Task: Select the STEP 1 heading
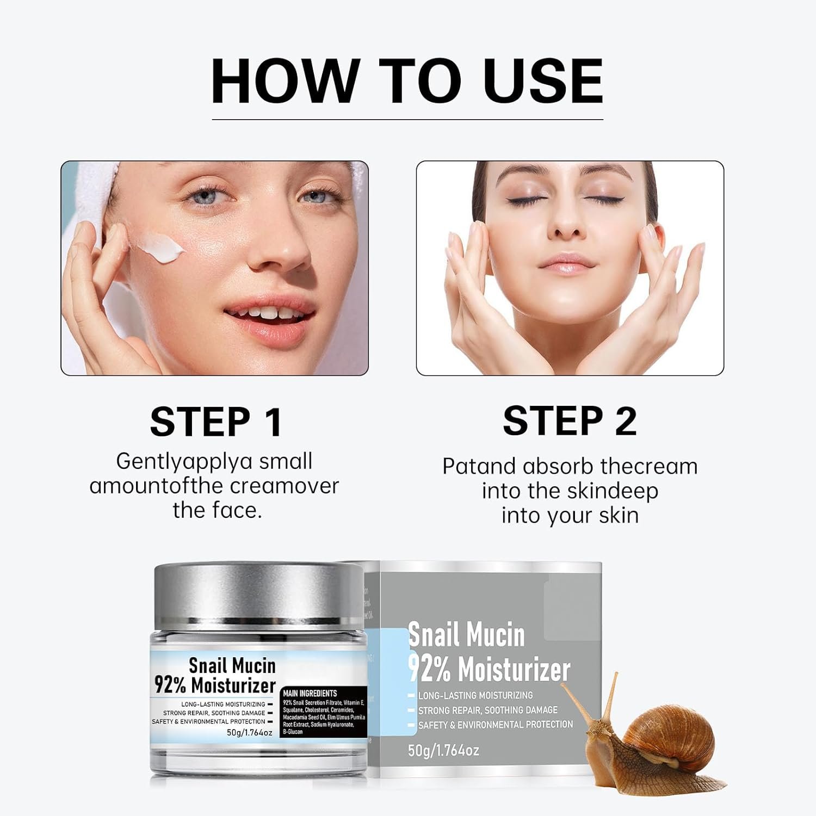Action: [x=216, y=422]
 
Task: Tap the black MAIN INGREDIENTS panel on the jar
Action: [x=324, y=712]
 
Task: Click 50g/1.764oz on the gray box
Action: [x=443, y=751]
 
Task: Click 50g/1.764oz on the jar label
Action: [x=249, y=732]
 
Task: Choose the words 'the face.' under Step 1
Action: [x=217, y=510]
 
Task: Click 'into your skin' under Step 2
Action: [x=570, y=515]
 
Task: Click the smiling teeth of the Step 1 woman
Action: [x=267, y=314]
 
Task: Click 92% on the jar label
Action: [x=170, y=685]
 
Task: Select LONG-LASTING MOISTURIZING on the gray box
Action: [x=475, y=695]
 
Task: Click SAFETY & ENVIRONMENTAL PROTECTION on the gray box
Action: [x=495, y=725]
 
